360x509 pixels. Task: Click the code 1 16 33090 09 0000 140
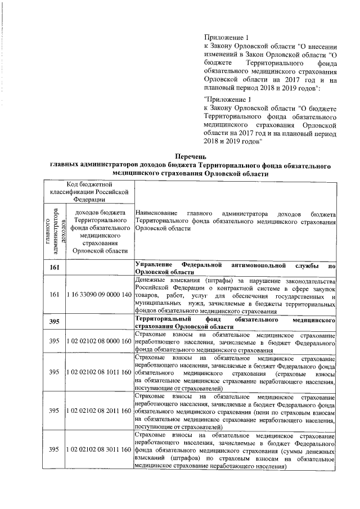pos(98,295)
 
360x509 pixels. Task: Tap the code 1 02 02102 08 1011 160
pos(98,372)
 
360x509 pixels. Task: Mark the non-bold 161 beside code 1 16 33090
pos(55,295)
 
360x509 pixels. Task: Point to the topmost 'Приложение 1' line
pos(224,38)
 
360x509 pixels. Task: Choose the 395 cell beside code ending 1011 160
pos(55,372)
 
